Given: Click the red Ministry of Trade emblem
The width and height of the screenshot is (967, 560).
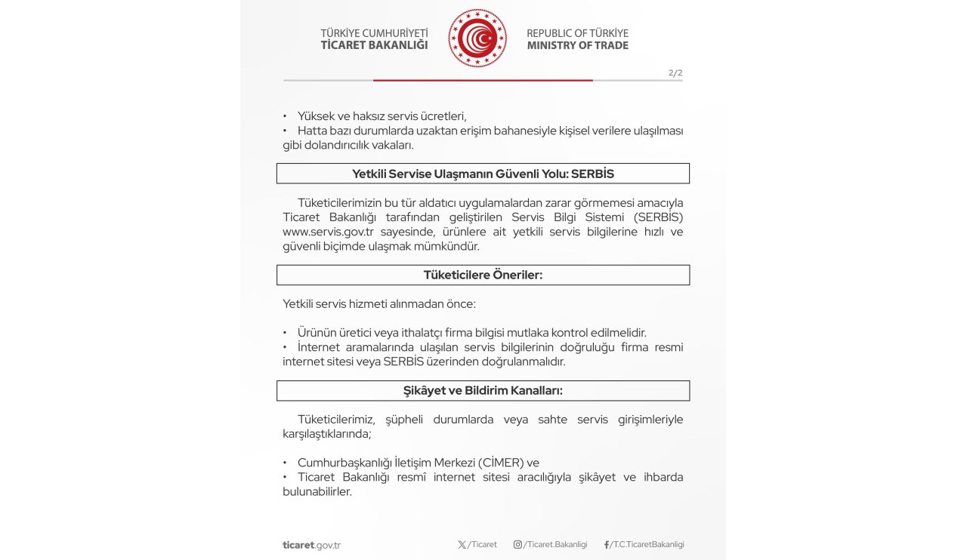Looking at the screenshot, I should click(x=477, y=38).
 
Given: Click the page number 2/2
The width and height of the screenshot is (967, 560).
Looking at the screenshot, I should click(x=675, y=73).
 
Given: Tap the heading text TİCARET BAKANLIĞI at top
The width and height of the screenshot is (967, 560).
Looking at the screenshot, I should click(x=374, y=45).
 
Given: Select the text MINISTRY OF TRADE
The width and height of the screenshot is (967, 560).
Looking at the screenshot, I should click(x=577, y=45).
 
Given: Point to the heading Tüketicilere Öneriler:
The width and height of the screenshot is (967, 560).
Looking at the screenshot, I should click(x=483, y=275).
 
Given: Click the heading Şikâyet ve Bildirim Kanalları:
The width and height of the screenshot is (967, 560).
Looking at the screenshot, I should click(x=483, y=390).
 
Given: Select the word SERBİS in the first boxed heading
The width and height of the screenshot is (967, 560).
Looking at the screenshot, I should click(x=592, y=174).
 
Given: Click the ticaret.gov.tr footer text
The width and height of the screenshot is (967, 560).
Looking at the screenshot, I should click(x=311, y=545).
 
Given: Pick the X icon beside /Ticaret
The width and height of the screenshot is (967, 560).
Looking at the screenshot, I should click(x=462, y=545).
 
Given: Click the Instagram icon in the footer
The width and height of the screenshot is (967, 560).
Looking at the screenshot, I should click(x=517, y=545).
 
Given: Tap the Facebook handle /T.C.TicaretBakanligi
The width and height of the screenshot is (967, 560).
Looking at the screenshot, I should click(x=647, y=545).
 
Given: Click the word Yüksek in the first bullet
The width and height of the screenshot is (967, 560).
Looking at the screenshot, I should click(x=316, y=116).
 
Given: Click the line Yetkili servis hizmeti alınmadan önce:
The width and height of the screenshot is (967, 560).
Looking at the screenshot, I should click(x=379, y=304).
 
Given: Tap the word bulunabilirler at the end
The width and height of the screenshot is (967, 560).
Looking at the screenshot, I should click(x=317, y=491).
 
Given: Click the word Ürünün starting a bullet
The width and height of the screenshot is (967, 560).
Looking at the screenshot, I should click(x=318, y=333).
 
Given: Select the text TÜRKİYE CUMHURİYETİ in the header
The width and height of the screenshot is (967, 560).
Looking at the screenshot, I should click(x=374, y=33).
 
